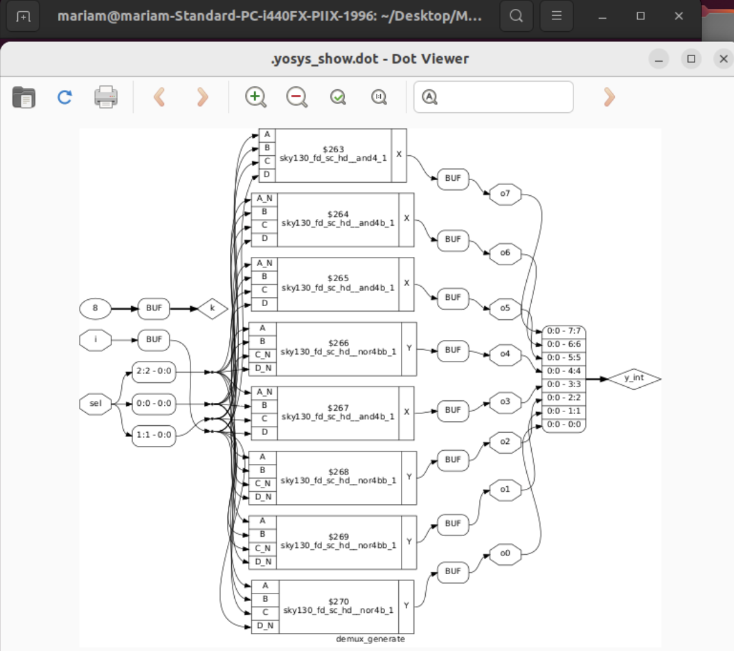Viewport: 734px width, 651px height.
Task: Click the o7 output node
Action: [504, 194]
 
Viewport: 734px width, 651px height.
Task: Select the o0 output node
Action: [504, 553]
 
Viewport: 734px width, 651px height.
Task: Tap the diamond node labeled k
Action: [213, 307]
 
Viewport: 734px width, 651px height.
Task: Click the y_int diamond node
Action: [634, 378]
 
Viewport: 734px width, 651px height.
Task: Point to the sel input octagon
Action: [96, 403]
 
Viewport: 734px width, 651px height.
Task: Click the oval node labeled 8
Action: [96, 307]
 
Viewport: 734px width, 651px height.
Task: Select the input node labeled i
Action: [96, 340]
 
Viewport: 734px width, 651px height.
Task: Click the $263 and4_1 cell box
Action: [333, 154]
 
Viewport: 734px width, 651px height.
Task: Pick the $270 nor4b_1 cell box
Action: [338, 605]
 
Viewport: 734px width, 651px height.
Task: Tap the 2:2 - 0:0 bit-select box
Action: [154, 371]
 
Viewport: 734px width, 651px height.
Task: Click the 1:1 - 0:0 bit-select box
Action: [154, 436]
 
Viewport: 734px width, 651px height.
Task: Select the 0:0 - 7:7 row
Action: [564, 331]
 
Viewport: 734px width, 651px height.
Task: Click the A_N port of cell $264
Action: [265, 198]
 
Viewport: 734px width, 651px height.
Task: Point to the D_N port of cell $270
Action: [265, 625]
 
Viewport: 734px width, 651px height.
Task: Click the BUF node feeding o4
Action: [453, 350]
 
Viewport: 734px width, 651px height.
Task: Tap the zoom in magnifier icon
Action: [256, 97]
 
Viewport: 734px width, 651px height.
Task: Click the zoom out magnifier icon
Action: [297, 97]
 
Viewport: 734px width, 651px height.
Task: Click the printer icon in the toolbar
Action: [106, 97]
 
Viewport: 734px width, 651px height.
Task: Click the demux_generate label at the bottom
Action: [370, 639]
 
